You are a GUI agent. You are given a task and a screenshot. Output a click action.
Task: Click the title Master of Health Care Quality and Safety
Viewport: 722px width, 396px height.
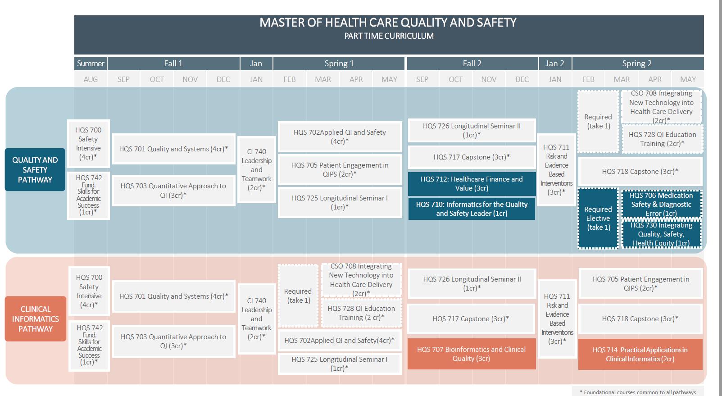click(388, 23)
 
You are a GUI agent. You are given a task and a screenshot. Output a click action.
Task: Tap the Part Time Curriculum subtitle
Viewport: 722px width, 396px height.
click(389, 36)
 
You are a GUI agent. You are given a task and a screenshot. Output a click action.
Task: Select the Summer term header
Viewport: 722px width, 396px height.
click(91, 64)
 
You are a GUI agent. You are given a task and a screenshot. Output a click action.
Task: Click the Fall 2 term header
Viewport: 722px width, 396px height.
click(472, 64)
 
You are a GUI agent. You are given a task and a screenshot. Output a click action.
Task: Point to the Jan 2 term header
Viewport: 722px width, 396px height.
click(555, 64)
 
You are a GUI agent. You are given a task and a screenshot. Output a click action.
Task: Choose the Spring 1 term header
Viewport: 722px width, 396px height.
click(339, 64)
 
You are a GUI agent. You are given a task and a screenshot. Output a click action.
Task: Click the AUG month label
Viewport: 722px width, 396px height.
click(91, 79)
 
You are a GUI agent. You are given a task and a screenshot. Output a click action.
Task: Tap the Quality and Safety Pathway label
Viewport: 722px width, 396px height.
click(35, 170)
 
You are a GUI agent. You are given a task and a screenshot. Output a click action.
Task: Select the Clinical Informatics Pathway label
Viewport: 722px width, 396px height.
click(36, 319)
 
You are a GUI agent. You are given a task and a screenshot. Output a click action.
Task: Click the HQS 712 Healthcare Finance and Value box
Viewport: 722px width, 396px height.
click(472, 184)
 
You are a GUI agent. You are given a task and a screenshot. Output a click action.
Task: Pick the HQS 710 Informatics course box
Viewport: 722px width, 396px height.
click(472, 209)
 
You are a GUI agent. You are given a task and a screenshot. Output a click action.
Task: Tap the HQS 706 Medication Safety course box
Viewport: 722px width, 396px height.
click(661, 204)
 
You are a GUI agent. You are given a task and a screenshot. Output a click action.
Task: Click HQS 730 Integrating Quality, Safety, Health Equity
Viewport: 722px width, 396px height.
click(661, 234)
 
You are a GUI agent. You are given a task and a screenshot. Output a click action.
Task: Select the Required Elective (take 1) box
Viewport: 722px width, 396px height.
click(598, 218)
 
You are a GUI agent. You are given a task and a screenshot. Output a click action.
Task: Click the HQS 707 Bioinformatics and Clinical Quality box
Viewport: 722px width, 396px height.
click(471, 354)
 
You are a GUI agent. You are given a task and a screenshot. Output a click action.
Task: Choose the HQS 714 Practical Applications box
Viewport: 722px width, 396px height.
click(640, 355)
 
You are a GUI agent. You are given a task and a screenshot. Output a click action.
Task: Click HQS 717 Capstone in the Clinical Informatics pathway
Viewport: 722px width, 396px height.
click(471, 319)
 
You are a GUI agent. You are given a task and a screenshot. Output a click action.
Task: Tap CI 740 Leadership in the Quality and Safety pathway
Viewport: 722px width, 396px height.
click(256, 170)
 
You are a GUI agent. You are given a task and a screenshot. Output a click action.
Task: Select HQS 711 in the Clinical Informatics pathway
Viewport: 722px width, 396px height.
click(557, 319)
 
